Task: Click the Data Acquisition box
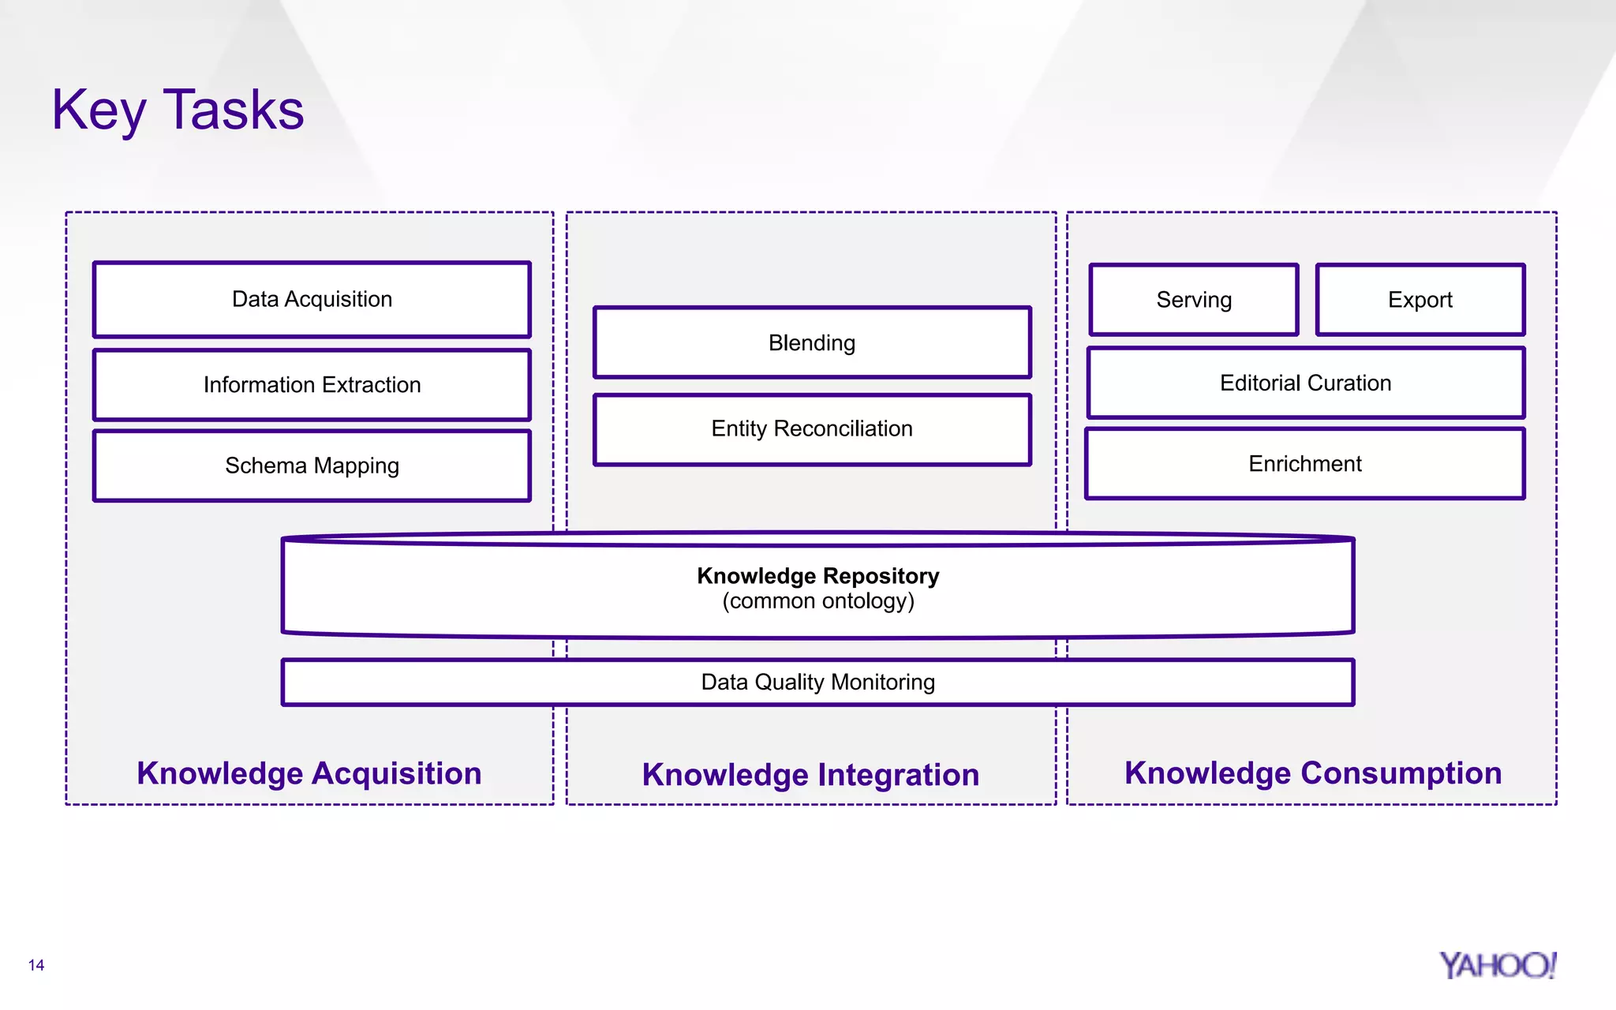click(x=312, y=300)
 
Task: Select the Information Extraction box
click(x=312, y=385)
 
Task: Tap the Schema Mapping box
click(x=312, y=466)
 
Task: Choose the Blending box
click(x=812, y=343)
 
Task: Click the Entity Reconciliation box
click(x=812, y=429)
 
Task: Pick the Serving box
click(x=1194, y=300)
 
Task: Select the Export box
click(x=1420, y=300)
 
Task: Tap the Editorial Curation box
click(x=1305, y=383)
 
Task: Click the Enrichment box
click(x=1305, y=464)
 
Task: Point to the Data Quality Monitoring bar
click(x=818, y=683)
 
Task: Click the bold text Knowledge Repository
click(x=818, y=576)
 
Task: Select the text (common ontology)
click(x=818, y=602)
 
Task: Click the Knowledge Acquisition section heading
click(x=309, y=773)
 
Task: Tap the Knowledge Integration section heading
click(x=810, y=775)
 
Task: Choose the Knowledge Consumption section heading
click(x=1313, y=773)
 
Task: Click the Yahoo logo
click(x=1497, y=966)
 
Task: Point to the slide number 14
click(x=36, y=965)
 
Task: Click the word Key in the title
click(x=99, y=110)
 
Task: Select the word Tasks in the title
click(x=234, y=110)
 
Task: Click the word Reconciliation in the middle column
click(x=843, y=429)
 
